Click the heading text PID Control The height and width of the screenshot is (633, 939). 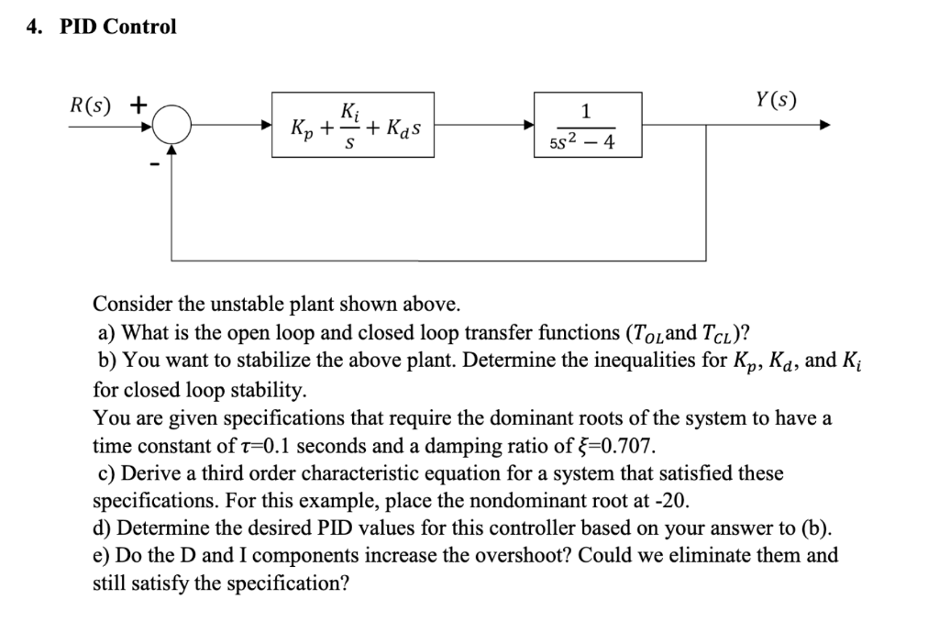[x=117, y=27]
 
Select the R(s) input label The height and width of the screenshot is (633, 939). [x=91, y=103]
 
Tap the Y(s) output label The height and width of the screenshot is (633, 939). [x=774, y=99]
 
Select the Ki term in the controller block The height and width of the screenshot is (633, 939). [x=349, y=113]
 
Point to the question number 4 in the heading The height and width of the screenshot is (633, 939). [x=34, y=27]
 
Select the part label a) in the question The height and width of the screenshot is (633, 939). [x=107, y=331]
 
